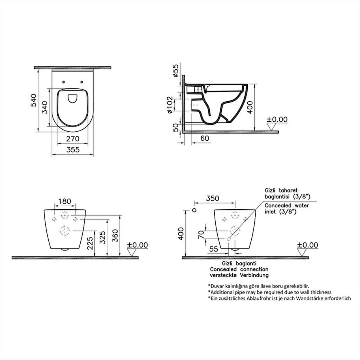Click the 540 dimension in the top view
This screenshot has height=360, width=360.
[x=33, y=100]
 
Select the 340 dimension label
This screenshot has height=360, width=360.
[x=45, y=107]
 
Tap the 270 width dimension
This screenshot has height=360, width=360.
[x=73, y=139]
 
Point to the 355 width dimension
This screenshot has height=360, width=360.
[x=73, y=150]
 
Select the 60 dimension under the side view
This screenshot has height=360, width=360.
[x=205, y=138]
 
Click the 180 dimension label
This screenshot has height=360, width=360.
[x=65, y=201]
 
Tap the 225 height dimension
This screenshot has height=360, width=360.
[x=90, y=243]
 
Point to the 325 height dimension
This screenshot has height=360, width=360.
[x=102, y=238]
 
